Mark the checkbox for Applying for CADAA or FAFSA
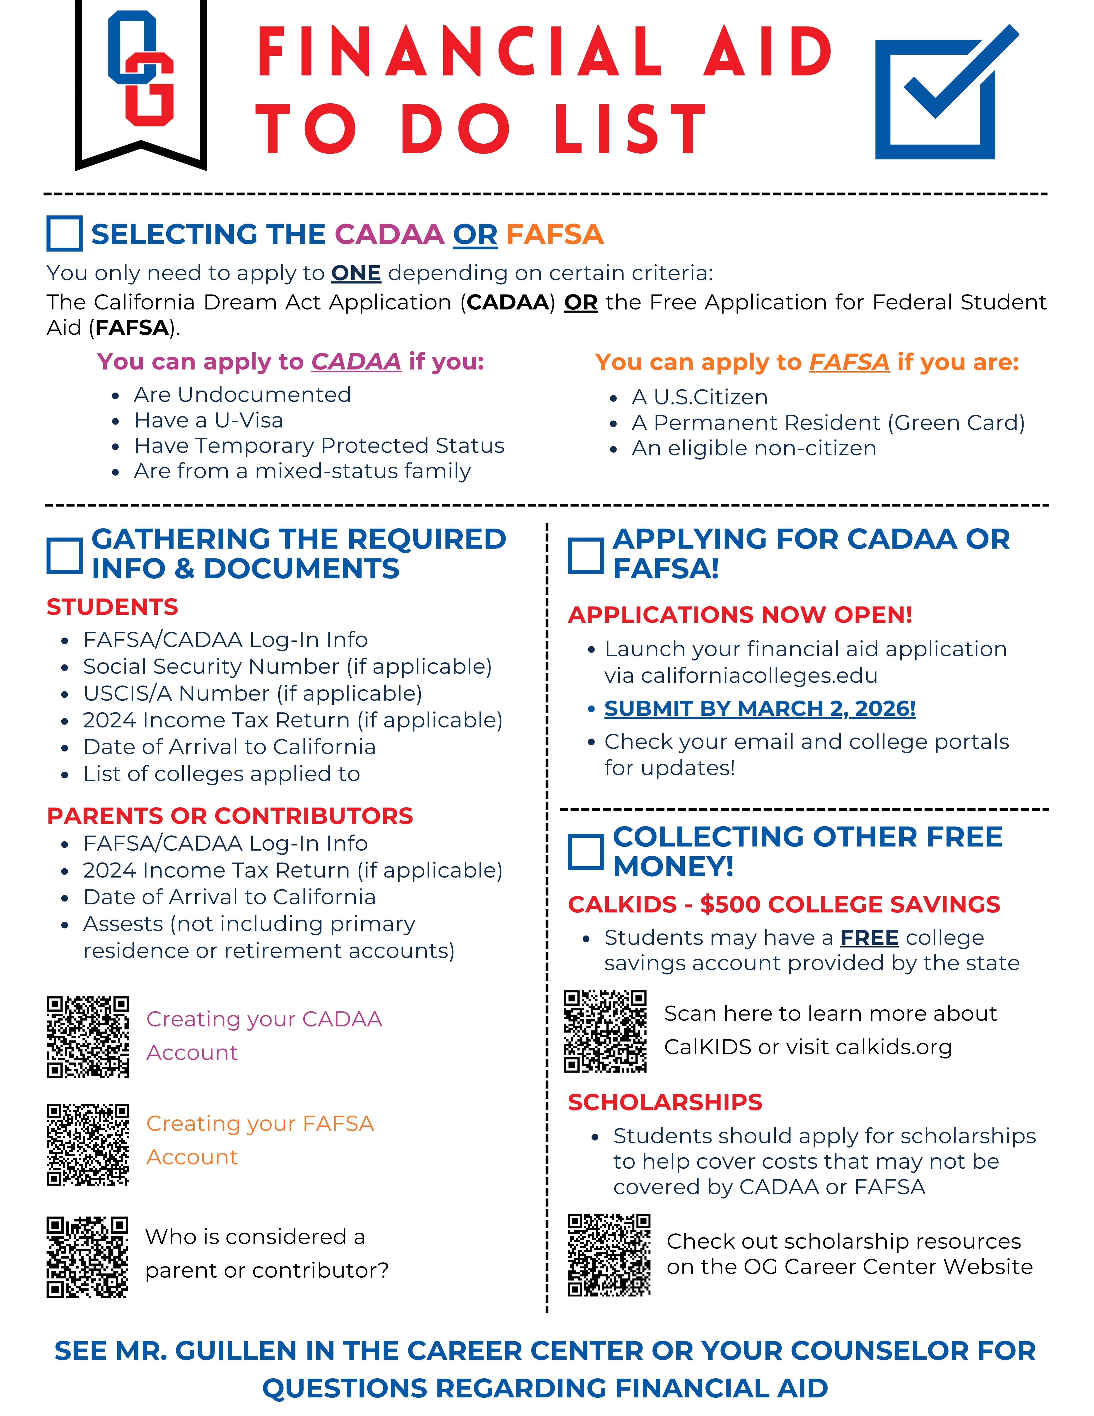coord(586,555)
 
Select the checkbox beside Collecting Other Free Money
coord(586,851)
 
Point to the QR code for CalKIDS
coord(605,1031)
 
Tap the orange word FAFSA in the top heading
coord(554,234)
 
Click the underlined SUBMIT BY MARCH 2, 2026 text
coord(760,709)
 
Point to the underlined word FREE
coord(869,938)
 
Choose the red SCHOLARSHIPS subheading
coord(665,1102)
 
